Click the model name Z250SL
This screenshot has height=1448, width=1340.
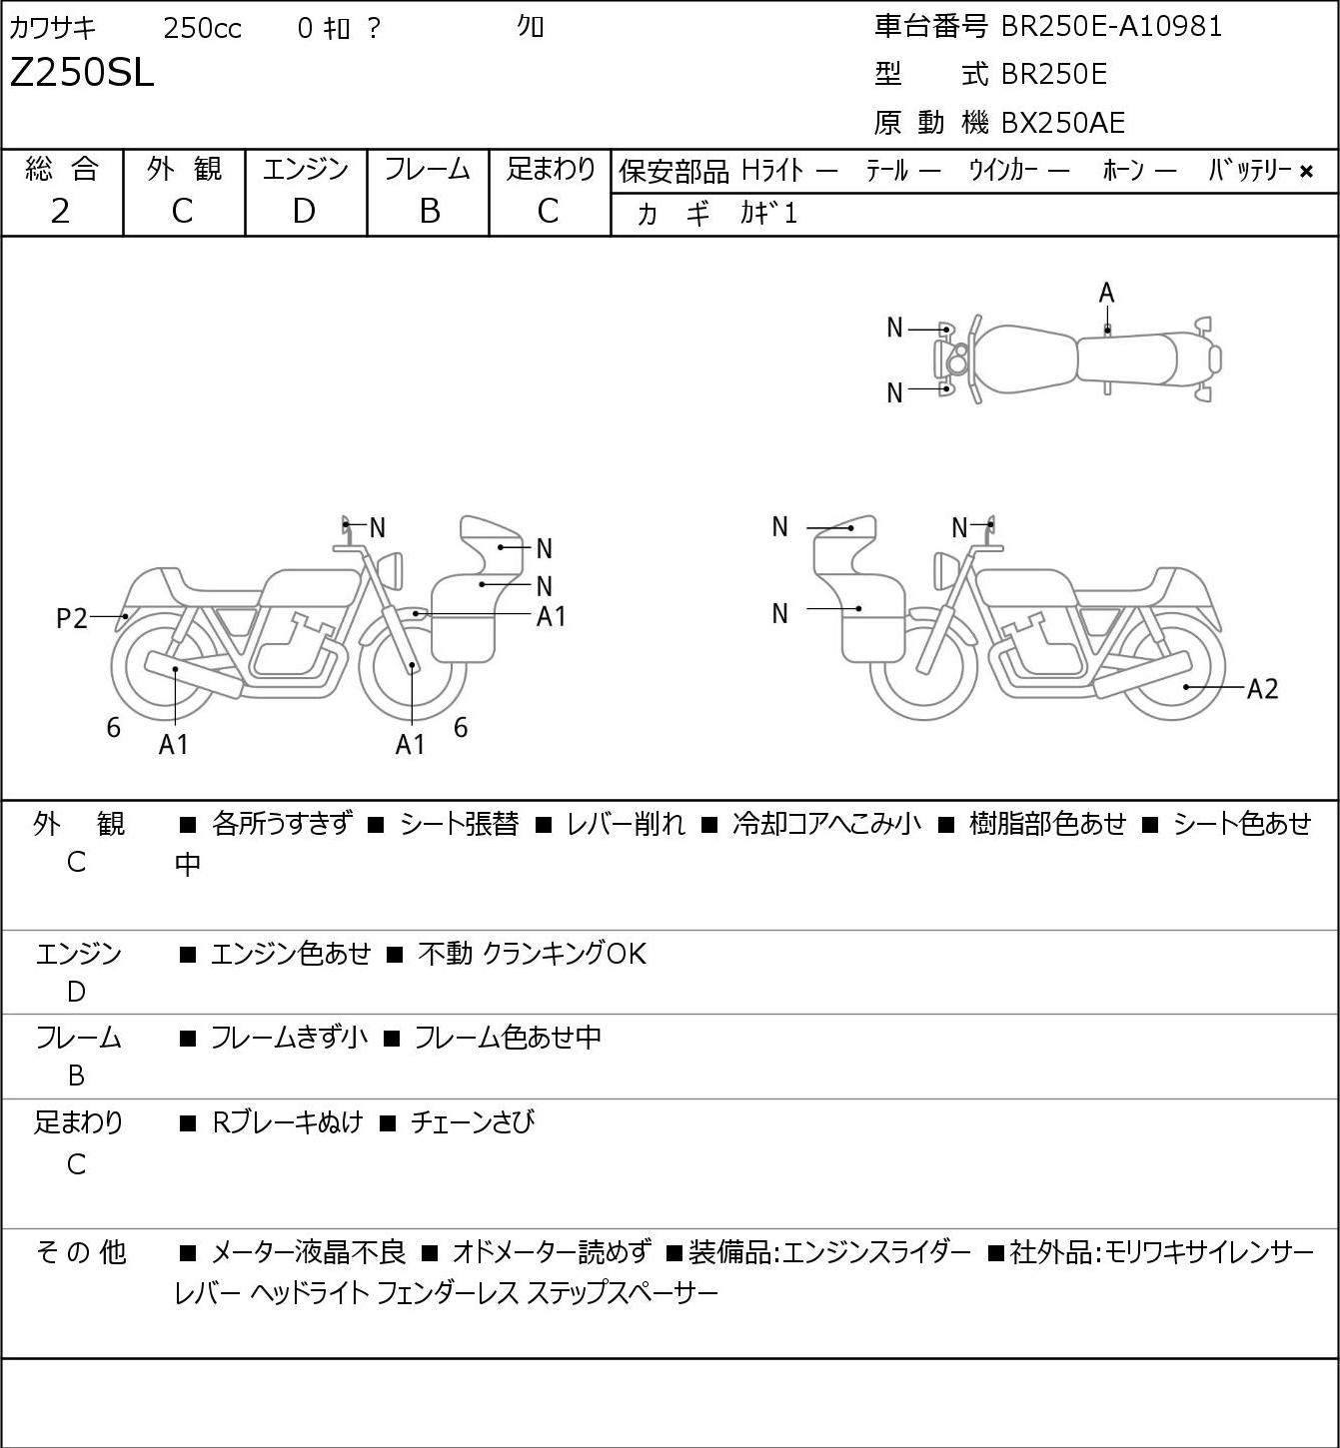coord(82,73)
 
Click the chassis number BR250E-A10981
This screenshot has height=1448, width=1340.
coord(1111,27)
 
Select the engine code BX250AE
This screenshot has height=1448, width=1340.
coord(1062,123)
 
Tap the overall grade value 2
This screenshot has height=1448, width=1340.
coord(61,212)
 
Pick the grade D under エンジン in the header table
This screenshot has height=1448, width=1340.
coord(304,212)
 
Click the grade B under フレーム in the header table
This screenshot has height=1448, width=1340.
coord(429,212)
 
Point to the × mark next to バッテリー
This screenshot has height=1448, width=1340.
coord(1306,172)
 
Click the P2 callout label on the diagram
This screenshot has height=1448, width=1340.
coord(72,619)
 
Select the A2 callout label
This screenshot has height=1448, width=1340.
coord(1262,689)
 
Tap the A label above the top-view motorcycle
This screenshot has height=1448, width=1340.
coord(1106,294)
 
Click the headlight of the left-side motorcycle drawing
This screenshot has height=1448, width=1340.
coord(391,571)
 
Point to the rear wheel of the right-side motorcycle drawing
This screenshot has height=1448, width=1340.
coord(1173,666)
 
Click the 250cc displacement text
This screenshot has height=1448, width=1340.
coord(202,28)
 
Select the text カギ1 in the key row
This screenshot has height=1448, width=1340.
coord(768,214)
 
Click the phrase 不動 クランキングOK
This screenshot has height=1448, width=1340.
coord(532,954)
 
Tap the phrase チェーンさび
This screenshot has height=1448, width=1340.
coord(473,1122)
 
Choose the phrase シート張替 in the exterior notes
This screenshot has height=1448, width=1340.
coord(459,824)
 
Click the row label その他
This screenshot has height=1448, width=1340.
coord(81,1252)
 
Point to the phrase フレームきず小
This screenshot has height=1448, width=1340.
coord(289,1038)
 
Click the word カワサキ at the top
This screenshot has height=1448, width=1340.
coord(53,28)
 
